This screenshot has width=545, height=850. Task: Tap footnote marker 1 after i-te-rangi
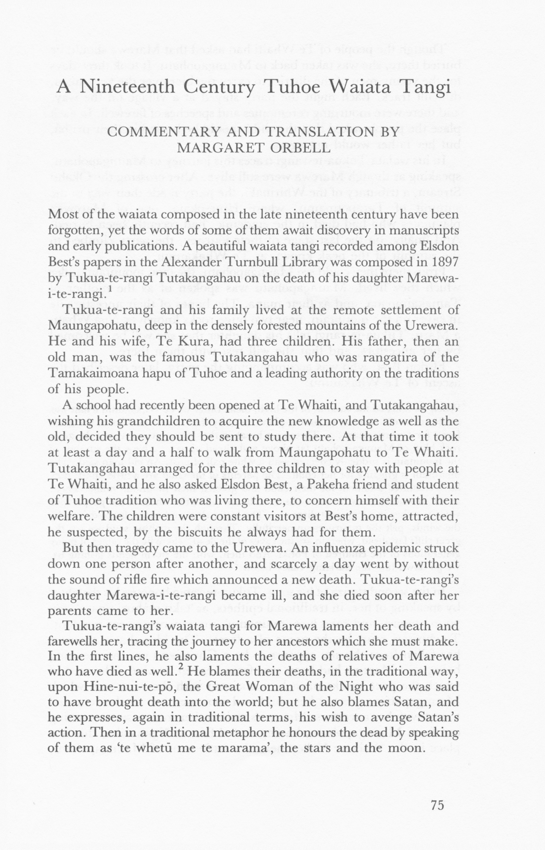pyautogui.click(x=110, y=289)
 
